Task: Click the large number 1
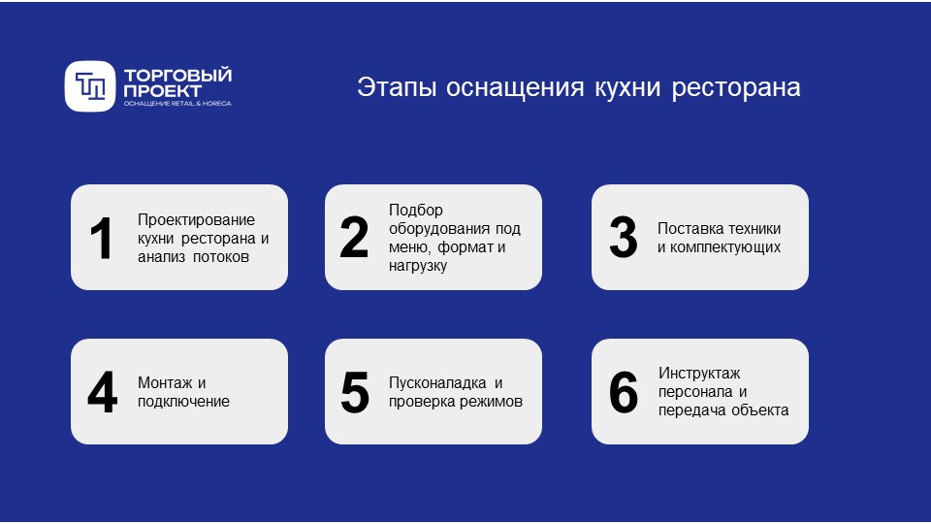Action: (x=102, y=239)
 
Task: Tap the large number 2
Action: (x=354, y=239)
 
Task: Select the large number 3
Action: (x=623, y=239)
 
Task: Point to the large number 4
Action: (x=102, y=392)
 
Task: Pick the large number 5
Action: (x=355, y=392)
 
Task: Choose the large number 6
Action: (x=623, y=392)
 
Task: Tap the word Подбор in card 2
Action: (x=415, y=210)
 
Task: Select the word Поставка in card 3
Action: (x=688, y=229)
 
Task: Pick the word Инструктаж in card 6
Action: (x=699, y=373)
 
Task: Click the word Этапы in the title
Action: (x=392, y=87)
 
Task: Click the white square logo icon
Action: (x=90, y=85)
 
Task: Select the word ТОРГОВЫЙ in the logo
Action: (x=178, y=76)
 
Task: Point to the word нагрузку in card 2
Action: (x=418, y=265)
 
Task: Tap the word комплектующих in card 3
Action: (x=719, y=247)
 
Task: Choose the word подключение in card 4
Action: (x=183, y=401)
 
